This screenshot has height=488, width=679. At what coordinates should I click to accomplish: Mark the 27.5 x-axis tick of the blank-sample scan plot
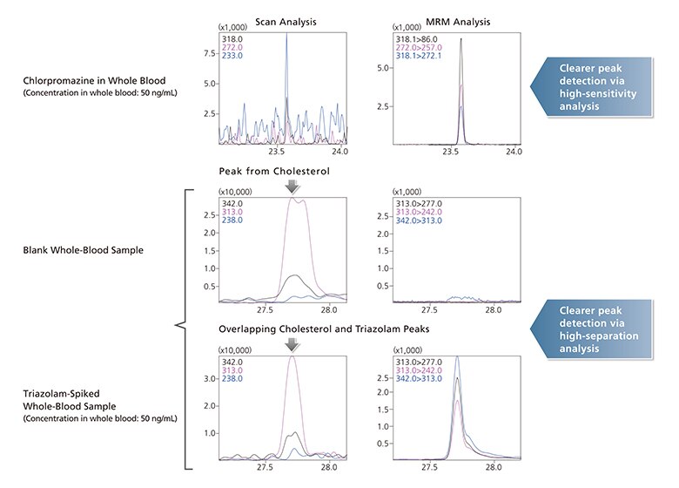265,308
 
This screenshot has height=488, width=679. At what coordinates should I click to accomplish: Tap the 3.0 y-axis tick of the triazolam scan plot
208,380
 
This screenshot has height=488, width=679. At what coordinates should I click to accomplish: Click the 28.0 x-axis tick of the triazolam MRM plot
494,466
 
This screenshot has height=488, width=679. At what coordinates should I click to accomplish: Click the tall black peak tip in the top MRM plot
461,38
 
